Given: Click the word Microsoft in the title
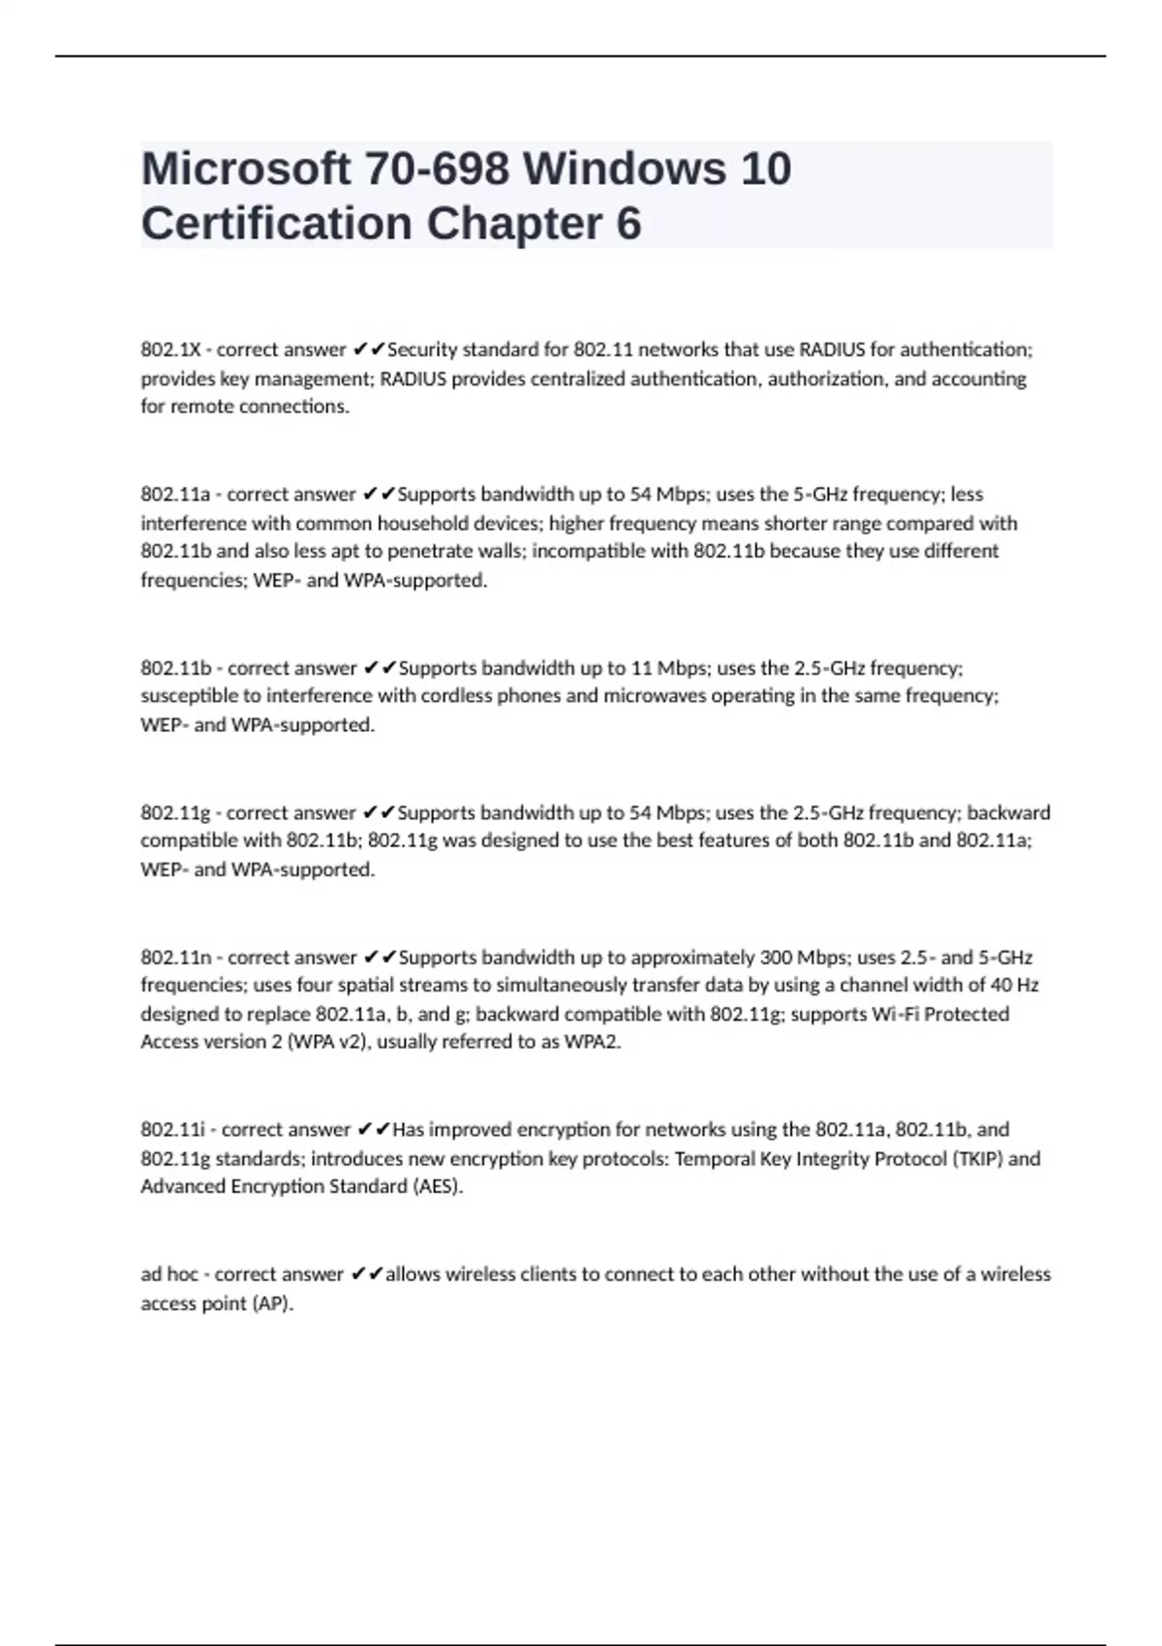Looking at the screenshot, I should pyautogui.click(x=246, y=169).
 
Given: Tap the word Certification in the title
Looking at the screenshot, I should pyautogui.click(x=277, y=224).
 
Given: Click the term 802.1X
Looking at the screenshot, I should pyautogui.click(x=168, y=350).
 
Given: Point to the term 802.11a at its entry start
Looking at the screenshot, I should pyautogui.click(x=175, y=495).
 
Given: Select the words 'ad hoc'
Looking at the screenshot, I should pyautogui.click(x=169, y=1274).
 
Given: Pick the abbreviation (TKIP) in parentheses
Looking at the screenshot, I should pyautogui.click(x=977, y=1159).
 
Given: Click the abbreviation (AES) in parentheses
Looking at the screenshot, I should pyautogui.click(x=438, y=1187).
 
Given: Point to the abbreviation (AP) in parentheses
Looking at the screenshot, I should pyautogui.click(x=272, y=1304).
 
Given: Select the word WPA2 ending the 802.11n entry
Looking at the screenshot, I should pyautogui.click(x=592, y=1043).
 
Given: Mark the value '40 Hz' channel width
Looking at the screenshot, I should pyautogui.click(x=1014, y=986).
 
